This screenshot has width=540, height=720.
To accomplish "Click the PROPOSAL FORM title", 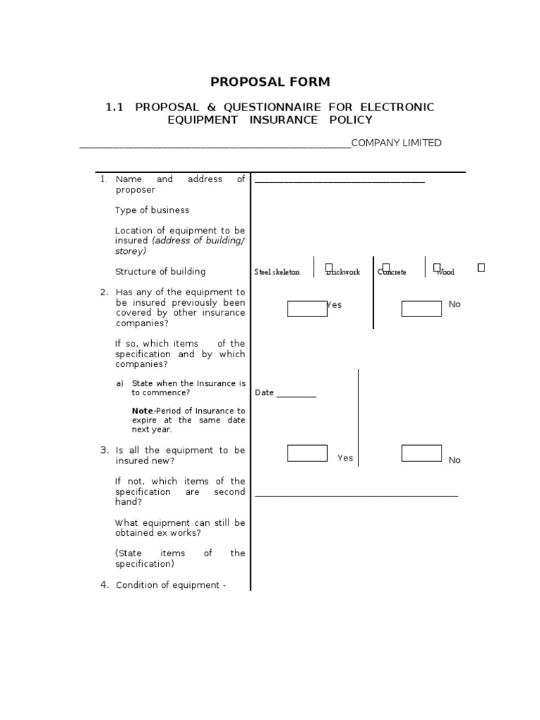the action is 270,82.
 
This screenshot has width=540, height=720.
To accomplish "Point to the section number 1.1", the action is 115,108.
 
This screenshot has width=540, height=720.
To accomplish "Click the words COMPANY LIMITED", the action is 397,143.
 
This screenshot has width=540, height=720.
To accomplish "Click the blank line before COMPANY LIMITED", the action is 215,147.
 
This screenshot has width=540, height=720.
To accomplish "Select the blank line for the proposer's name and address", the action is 340,182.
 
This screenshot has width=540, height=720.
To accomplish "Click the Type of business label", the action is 152,210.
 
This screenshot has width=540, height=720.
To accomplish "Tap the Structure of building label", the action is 160,272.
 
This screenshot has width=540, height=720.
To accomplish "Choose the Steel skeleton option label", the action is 277,273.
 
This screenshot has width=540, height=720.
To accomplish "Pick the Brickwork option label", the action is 343,273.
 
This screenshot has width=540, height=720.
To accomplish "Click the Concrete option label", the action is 392,273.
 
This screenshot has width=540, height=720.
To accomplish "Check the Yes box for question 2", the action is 307,309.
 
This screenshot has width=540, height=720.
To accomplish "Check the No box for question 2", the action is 421,309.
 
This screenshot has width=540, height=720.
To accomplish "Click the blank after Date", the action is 296,395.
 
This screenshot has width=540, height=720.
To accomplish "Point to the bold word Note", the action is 143,411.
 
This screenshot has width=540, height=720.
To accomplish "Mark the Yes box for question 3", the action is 307,454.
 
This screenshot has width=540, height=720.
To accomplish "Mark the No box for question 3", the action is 421,454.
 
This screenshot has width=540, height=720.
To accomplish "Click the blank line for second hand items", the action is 356,496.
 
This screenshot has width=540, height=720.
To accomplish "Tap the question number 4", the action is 104,585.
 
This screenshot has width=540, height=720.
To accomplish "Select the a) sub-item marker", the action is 120,384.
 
